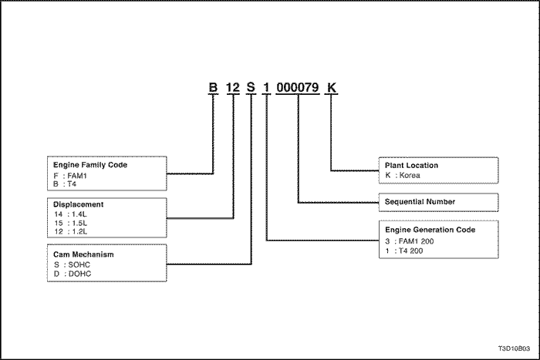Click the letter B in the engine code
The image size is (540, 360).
tap(213, 87)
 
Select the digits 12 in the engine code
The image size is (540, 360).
tap(233, 87)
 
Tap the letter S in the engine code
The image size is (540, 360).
tap(251, 87)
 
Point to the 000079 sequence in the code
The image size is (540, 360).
tap(298, 87)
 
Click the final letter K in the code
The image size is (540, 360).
tap(331, 87)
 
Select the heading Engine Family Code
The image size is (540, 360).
tap(90, 165)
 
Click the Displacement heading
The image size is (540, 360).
tap(78, 204)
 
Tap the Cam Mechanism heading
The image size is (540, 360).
tap(83, 254)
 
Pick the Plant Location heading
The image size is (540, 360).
tap(411, 166)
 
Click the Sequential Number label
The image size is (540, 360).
tap(420, 202)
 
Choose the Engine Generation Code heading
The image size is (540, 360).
tap(430, 230)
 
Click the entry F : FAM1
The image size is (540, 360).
tap(70, 176)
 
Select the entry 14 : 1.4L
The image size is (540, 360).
tap(71, 214)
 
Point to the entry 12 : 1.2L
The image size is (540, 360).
tap(71, 231)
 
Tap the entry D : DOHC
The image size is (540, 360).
tap(73, 274)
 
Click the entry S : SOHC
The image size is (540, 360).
tap(72, 264)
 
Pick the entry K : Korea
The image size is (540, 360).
tap(403, 175)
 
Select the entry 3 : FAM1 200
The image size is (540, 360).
tap(410, 241)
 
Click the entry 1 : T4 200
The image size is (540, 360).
tap(404, 251)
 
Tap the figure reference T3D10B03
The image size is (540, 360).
tap(514, 348)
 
